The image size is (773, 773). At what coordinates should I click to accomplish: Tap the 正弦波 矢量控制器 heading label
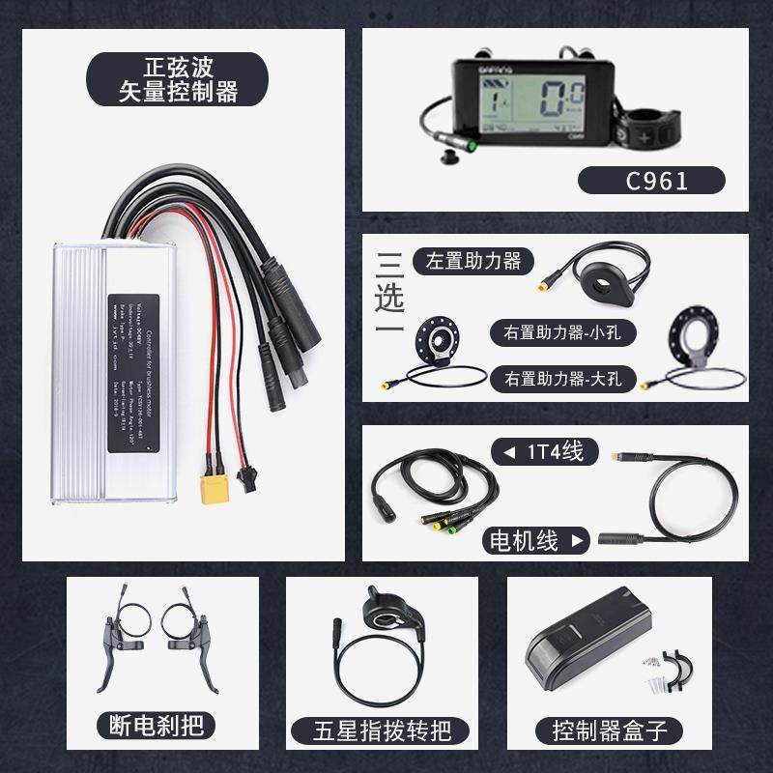pos(163,80)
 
